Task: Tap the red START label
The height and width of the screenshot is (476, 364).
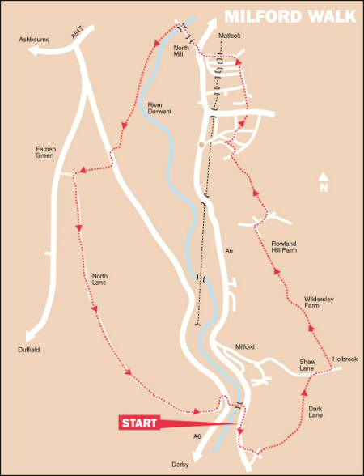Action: (139, 422)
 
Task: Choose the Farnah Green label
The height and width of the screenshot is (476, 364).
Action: (44, 151)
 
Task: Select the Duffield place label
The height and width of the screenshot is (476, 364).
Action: (28, 351)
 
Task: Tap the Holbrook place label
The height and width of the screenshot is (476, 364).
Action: (345, 358)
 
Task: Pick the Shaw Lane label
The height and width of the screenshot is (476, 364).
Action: (307, 365)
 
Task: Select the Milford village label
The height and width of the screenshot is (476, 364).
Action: (245, 346)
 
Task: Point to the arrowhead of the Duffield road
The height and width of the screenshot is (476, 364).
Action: (32, 338)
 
